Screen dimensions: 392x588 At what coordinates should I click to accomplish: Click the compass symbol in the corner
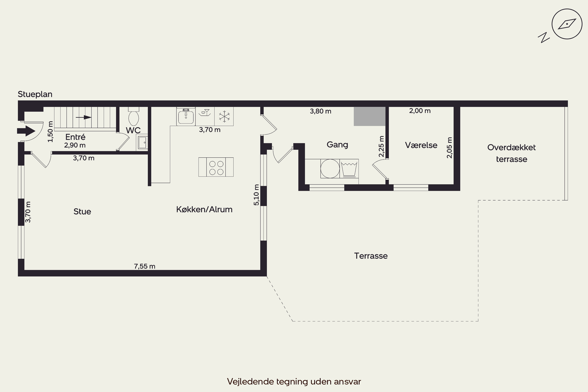567,24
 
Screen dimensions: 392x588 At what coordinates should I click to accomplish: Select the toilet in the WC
133,117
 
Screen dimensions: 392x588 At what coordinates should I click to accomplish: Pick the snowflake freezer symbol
224,116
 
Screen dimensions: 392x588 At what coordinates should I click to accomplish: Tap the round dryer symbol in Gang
330,169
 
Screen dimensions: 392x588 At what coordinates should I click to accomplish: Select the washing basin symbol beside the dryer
349,169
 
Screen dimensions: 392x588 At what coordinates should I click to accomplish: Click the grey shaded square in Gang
369,116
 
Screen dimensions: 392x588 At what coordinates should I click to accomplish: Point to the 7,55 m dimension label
144,266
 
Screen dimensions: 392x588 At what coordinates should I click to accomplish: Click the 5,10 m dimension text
256,195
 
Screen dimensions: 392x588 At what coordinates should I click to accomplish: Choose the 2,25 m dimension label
381,146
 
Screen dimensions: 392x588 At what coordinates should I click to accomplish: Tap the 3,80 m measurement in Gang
320,111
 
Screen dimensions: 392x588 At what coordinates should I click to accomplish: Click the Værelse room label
421,145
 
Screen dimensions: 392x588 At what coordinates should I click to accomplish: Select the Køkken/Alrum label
204,210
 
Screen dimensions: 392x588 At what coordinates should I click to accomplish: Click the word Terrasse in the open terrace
371,256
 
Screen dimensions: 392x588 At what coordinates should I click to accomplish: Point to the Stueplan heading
35,94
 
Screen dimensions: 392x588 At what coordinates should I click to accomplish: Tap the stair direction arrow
84,117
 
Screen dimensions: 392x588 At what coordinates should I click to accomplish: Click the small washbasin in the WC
143,142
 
